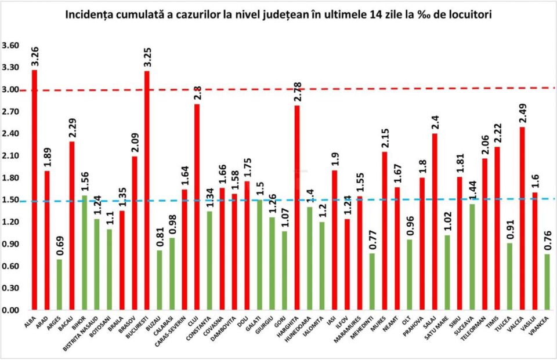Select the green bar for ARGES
(x=59, y=284)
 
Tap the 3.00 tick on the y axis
(x=10, y=90)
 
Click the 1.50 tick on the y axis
(x=10, y=200)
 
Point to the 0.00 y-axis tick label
(x=10, y=310)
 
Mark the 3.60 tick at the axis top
(x=10, y=46)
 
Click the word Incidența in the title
(x=94, y=14)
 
